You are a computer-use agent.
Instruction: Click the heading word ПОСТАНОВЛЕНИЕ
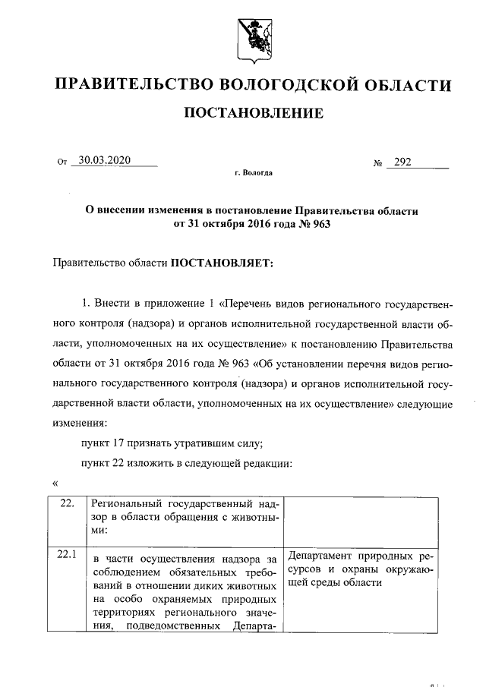[254, 114]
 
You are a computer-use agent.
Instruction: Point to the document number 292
[402, 161]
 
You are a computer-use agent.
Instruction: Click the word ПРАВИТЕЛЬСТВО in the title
[133, 84]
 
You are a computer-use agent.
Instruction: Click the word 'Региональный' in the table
[122, 504]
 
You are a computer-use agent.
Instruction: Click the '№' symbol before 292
[377, 162]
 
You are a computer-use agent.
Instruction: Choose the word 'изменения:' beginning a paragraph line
[80, 423]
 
